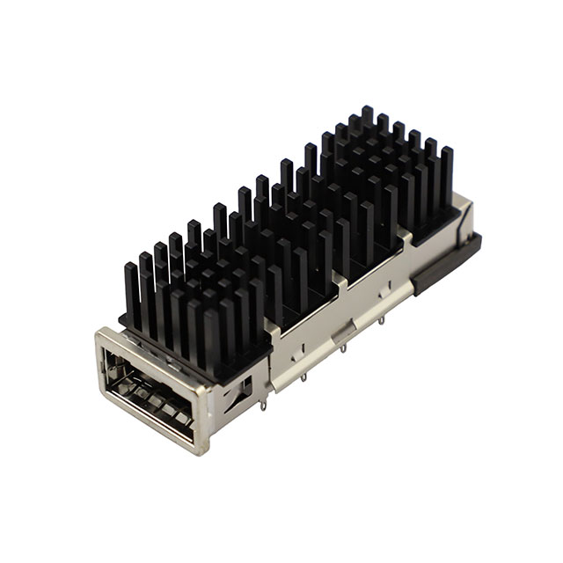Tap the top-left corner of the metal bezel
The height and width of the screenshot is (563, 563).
[99, 332]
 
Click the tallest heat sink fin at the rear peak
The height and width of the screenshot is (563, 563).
[367, 119]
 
